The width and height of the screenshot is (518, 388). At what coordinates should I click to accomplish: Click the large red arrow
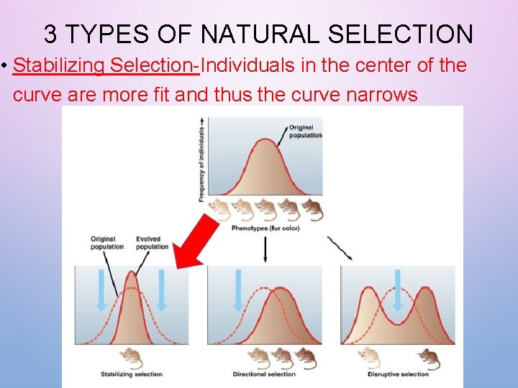tap(196, 241)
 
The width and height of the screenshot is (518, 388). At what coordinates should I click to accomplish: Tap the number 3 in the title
tap(50, 34)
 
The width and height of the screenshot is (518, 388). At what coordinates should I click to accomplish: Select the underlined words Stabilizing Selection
tap(106, 66)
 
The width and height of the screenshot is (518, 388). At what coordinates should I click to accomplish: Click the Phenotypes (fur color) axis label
tap(265, 228)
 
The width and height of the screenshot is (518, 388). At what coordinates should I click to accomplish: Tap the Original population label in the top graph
tap(305, 131)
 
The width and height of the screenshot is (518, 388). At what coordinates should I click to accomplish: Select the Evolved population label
tap(152, 243)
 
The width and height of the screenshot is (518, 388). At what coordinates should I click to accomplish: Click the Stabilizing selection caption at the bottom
tap(132, 374)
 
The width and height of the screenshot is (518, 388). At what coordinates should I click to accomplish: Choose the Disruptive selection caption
tap(398, 374)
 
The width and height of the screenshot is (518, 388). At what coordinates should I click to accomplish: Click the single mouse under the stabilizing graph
tap(131, 356)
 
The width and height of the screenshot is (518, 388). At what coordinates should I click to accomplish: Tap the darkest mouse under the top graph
tap(312, 209)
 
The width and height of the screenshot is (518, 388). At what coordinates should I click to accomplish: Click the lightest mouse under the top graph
tap(219, 209)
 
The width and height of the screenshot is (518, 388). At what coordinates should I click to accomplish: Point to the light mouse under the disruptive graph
tap(369, 356)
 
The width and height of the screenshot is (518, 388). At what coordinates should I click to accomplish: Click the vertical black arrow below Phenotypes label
tap(265, 248)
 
